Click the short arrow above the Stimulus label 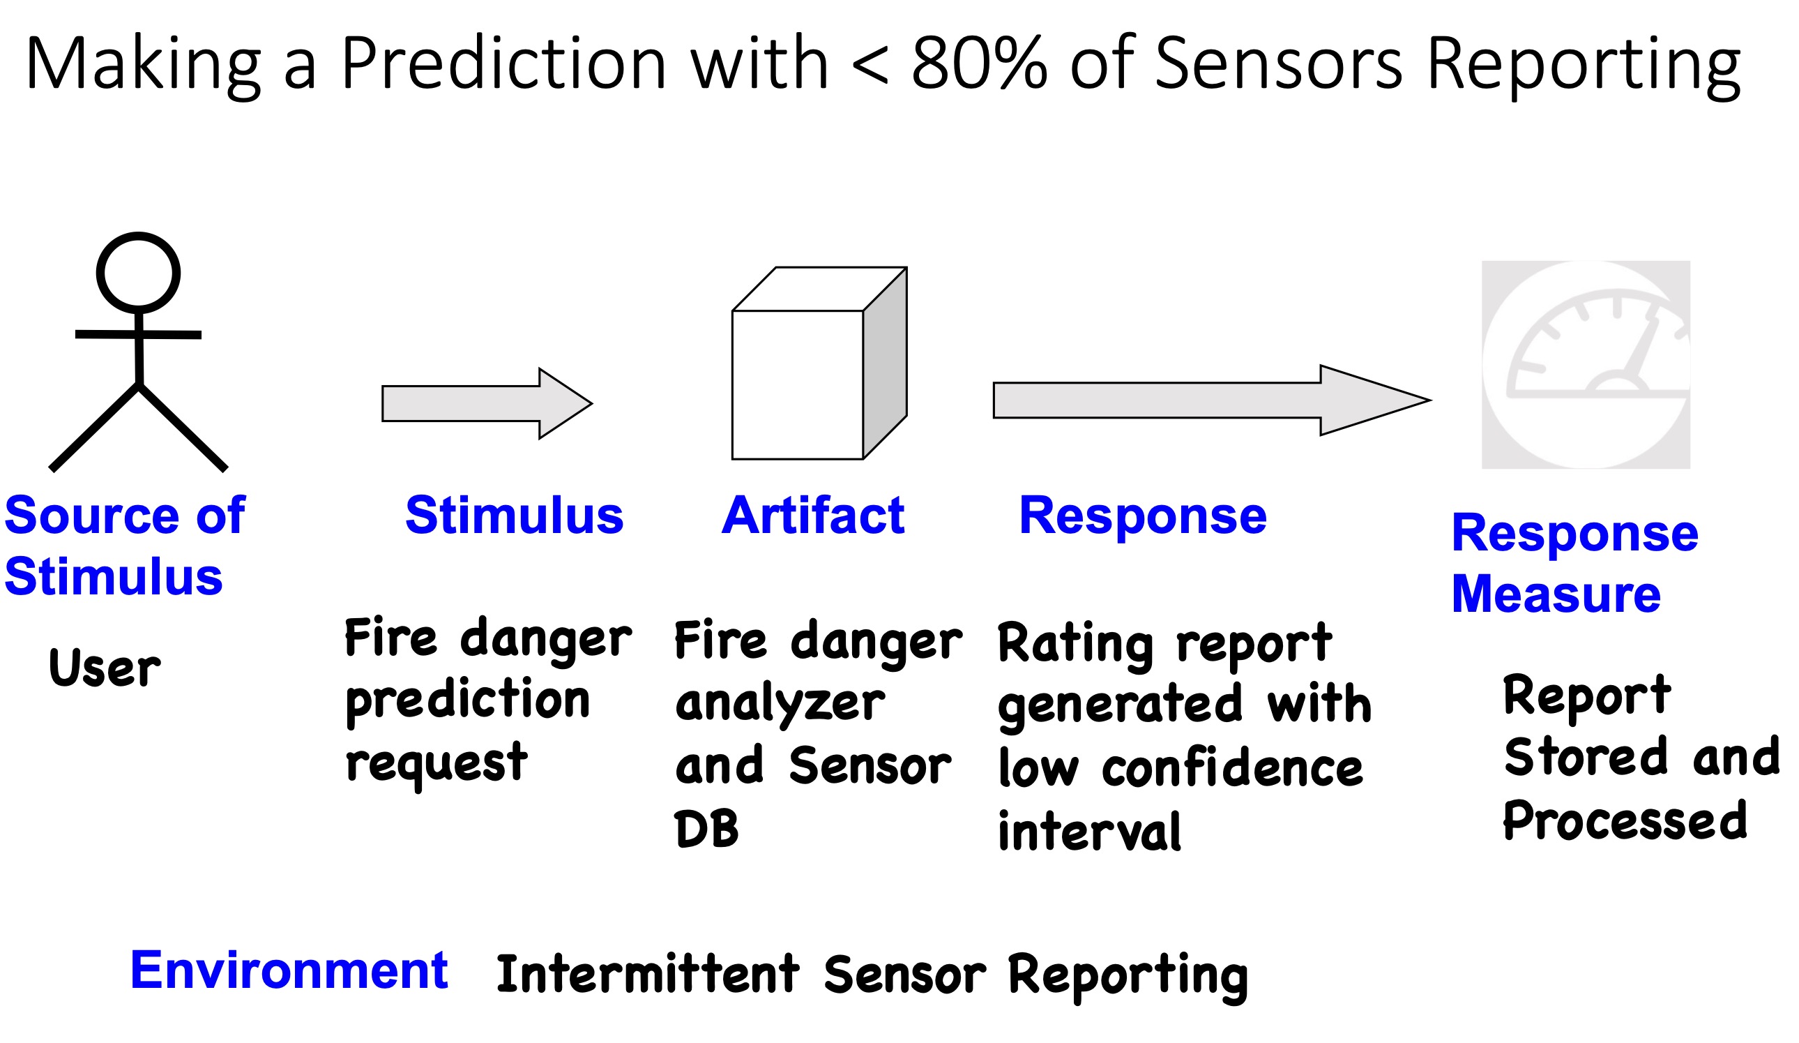pos(487,404)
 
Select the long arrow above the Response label pos(1212,400)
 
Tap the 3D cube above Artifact pos(819,363)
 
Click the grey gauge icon pos(1586,364)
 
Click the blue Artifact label pos(813,515)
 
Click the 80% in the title pos(980,64)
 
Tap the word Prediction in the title pos(504,64)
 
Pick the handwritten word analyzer pos(780,704)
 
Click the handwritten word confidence pos(1233,770)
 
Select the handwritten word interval pos(1089,831)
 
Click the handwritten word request pos(437,765)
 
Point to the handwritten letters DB pos(707,829)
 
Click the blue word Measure pos(1556,594)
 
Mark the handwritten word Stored pos(1586,756)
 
